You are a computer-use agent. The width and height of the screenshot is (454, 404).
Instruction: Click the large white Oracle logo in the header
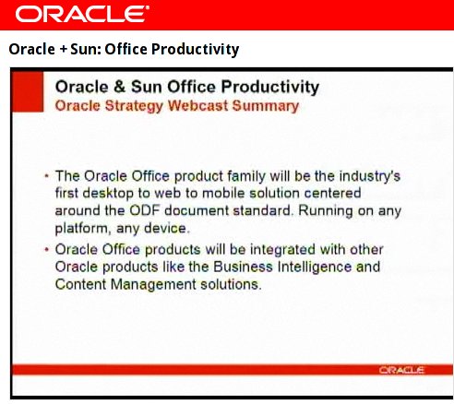[82, 14]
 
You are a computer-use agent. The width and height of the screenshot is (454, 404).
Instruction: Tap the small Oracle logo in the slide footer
[401, 370]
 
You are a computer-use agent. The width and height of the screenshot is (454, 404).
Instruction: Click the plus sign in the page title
[63, 50]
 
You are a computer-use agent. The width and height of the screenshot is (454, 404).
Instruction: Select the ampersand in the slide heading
[119, 87]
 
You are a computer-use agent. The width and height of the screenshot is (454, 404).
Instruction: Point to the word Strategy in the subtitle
[134, 106]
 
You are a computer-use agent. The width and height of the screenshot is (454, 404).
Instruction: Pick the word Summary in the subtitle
[266, 106]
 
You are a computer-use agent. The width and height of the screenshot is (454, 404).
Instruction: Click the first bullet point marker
[47, 176]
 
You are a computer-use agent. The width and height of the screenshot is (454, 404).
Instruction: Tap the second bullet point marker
[47, 249]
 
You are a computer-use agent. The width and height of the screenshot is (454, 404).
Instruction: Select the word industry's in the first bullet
[370, 176]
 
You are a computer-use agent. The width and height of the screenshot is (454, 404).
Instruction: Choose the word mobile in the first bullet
[223, 193]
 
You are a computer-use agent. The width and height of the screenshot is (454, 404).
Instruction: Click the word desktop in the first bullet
[108, 194]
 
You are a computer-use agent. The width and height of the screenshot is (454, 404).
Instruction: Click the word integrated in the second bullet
[282, 250]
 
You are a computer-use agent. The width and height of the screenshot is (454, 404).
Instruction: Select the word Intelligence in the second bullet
[315, 267]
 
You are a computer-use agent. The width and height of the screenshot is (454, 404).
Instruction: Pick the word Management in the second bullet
[153, 285]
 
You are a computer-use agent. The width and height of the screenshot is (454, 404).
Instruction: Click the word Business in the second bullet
[243, 267]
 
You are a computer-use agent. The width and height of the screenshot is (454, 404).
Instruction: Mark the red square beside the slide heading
[28, 91]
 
